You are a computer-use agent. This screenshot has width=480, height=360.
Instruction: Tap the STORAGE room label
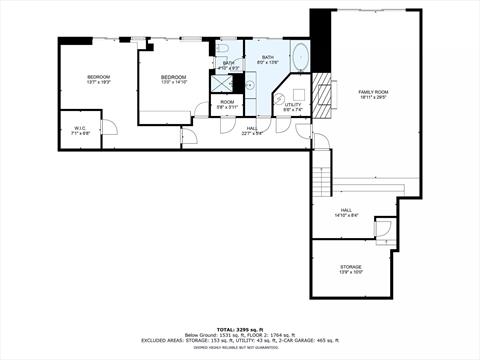[350, 268]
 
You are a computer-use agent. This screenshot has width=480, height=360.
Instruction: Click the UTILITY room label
[292, 107]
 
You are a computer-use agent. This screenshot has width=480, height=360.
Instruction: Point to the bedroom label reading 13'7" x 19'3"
[97, 80]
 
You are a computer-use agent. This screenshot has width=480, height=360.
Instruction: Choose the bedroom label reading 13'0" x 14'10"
[174, 80]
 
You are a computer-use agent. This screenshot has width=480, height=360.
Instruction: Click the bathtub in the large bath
[300, 55]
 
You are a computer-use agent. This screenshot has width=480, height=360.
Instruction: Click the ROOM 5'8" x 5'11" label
[227, 105]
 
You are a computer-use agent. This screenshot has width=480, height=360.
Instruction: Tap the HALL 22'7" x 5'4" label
[252, 130]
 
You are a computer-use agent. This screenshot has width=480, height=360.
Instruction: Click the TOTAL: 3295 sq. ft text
[240, 328]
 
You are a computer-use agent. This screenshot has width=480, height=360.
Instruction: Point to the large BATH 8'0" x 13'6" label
[268, 61]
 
